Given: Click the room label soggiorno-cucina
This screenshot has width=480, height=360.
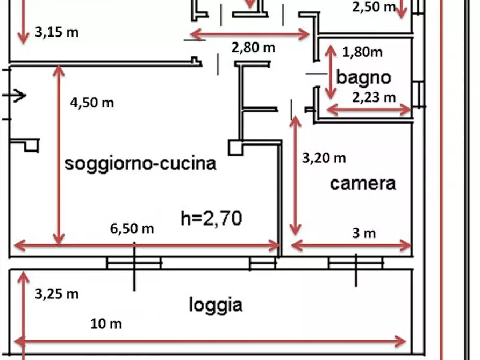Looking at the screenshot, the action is coord(140,164).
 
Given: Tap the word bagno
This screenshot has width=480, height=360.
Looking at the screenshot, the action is coord(364,77).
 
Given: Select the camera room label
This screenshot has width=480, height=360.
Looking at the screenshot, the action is coord(363,184).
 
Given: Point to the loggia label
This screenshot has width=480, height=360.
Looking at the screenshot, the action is coord(216,305).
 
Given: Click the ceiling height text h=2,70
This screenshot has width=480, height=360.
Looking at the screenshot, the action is coord(212,218).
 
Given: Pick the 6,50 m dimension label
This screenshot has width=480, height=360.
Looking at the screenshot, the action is coord(132,229).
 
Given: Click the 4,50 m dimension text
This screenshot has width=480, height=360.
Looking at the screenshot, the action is coord(92,103).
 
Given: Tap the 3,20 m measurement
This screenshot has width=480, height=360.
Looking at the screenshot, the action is coord(324,159).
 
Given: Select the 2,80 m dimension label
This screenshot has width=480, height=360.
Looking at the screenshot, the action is coord(254,47).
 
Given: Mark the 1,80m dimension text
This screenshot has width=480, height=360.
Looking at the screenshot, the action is coord(362,52).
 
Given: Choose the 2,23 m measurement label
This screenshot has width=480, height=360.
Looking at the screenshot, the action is coord(374,98).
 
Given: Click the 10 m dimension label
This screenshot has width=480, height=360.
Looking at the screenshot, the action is coord(106,324).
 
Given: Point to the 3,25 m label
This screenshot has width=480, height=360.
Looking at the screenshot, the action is coord(56,294).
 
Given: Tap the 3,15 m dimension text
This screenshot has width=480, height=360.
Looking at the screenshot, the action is coord(56,32).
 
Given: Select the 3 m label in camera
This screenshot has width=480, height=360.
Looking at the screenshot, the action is coord(364,233).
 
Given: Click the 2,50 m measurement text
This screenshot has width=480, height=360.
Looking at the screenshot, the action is coord(374,7).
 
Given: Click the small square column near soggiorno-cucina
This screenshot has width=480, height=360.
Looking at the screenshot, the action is coord(236,148).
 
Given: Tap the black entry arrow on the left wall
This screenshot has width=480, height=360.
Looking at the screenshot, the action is coord(14,96).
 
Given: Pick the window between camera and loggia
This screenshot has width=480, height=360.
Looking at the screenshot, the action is coord(355,263).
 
